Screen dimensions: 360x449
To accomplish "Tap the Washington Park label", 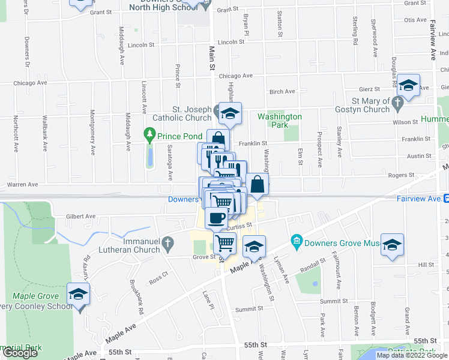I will pos(280,121).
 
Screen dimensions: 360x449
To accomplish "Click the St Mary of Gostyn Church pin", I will pos(397,104).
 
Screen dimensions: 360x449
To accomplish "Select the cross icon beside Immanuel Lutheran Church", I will pos(169,244).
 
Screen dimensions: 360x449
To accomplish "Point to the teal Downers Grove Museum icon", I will pos(295,242).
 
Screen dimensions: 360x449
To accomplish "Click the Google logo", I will pos(20,353).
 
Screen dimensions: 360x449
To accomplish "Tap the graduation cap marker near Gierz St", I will pos(408,86).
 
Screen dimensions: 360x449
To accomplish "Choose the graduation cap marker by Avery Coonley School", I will pos(79,295).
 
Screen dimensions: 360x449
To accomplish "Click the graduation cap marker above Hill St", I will pos(392,245).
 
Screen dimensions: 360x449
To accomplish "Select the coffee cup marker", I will pos(217,218).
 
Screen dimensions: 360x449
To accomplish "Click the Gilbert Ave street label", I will pos(81,216).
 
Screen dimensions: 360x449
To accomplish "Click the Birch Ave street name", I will pos(282,92).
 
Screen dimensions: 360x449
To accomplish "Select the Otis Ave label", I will pos(415,20).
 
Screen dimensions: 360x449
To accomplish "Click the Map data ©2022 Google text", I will pos(411,355).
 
